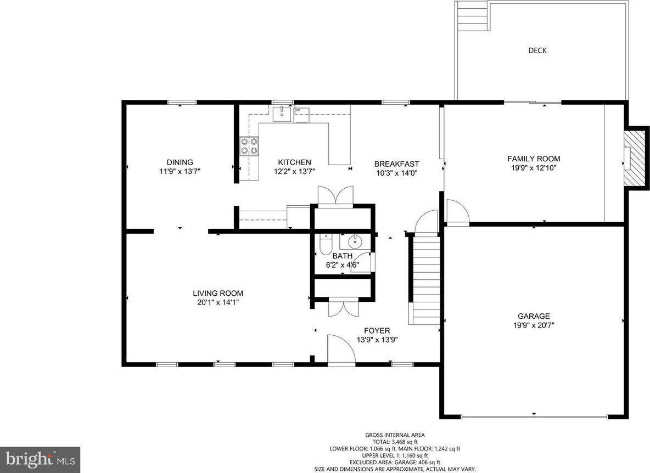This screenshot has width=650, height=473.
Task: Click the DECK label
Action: (x=537, y=50)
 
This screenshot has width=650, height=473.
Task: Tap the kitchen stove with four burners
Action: (x=249, y=146)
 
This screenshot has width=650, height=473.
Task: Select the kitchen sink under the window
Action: (x=282, y=114)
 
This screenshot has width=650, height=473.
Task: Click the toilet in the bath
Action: (x=326, y=245)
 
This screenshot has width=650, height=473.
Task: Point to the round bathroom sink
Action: (x=355, y=240)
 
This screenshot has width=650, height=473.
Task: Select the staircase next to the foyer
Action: (x=425, y=280)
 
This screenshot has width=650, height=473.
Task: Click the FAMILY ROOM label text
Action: (x=534, y=159)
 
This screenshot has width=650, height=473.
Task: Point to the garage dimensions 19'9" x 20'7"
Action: (x=534, y=325)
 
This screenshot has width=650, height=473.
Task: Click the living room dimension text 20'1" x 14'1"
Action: (x=218, y=302)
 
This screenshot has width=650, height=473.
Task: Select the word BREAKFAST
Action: (x=396, y=164)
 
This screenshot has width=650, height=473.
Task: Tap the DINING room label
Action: (x=180, y=162)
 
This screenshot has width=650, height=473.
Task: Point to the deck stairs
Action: (x=473, y=16)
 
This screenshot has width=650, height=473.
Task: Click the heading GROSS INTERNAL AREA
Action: (x=395, y=435)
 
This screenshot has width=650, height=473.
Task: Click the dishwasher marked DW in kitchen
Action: (x=301, y=115)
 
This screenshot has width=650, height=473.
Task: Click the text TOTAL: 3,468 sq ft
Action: (x=395, y=442)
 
